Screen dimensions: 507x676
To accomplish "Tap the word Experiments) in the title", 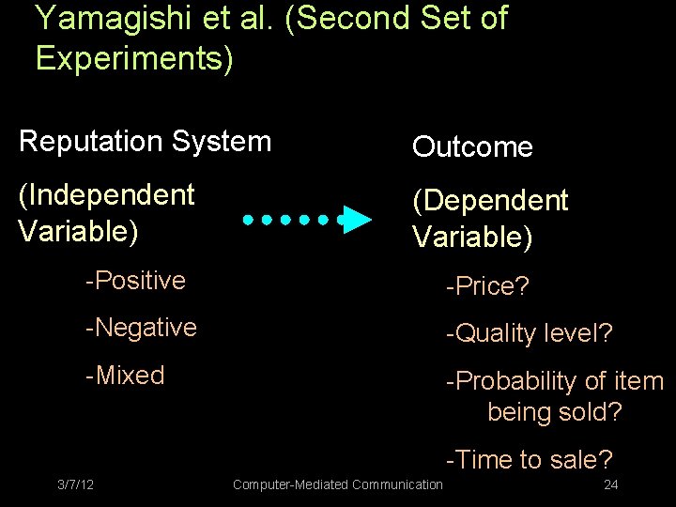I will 134,57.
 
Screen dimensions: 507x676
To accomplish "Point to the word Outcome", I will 472,147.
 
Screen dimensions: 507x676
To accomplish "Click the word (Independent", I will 107,195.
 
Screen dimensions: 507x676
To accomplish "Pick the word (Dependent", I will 490,201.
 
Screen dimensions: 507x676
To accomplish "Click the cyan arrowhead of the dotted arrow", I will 355,220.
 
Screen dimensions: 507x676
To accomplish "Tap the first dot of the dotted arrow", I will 248,220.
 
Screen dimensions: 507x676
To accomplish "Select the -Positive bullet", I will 135,281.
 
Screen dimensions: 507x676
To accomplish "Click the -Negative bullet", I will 141,328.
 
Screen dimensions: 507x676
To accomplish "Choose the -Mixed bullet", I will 125,376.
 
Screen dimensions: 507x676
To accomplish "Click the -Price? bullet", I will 487,286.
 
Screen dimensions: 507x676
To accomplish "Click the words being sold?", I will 554,412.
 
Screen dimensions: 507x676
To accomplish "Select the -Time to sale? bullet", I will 529,460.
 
